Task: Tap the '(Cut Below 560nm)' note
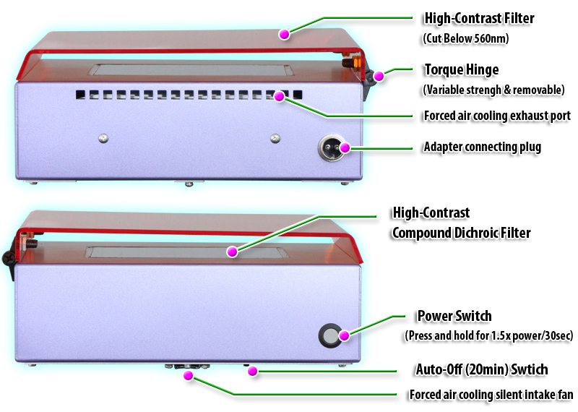coord(465,38)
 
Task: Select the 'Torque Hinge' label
coord(461,71)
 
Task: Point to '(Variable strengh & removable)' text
coord(493,90)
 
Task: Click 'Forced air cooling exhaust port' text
coord(497,116)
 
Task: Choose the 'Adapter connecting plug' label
coord(482,147)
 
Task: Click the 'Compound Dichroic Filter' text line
coord(461,233)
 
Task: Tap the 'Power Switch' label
coord(454,316)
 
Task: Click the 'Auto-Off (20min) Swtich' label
coord(481,370)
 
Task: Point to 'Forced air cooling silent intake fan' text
coord(491,395)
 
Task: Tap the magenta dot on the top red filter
coord(285,33)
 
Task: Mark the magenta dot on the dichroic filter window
coord(232,252)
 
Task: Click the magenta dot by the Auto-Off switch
coord(252,372)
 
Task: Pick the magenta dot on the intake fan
coord(189,375)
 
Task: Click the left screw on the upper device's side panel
coord(104,137)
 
